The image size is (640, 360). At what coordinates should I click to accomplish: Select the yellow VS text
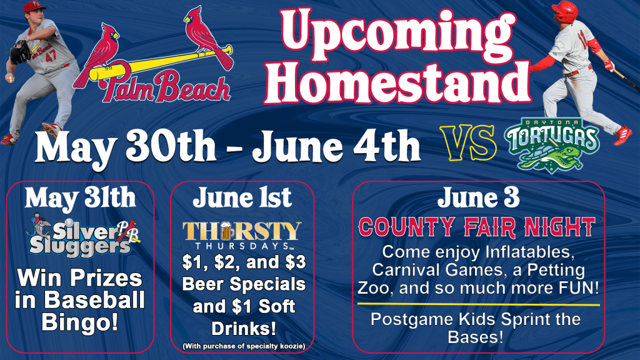[469, 143]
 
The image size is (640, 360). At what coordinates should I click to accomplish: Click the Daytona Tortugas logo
[552, 144]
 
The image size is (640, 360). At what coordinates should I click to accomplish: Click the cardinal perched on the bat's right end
[208, 37]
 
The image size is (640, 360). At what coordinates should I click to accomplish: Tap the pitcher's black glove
[19, 52]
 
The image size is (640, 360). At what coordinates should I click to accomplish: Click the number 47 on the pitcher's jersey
[51, 56]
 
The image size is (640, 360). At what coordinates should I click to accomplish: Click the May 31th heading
[80, 199]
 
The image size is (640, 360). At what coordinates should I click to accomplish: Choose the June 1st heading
[242, 197]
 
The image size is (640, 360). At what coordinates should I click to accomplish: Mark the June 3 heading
[478, 197]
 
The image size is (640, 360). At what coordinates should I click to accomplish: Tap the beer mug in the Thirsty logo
[227, 231]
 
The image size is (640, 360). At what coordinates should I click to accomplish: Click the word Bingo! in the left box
[80, 322]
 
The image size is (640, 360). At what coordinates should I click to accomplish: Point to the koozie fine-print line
[244, 346]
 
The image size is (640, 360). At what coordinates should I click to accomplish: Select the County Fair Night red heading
[477, 227]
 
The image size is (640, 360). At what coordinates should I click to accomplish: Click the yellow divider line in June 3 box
[479, 304]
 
